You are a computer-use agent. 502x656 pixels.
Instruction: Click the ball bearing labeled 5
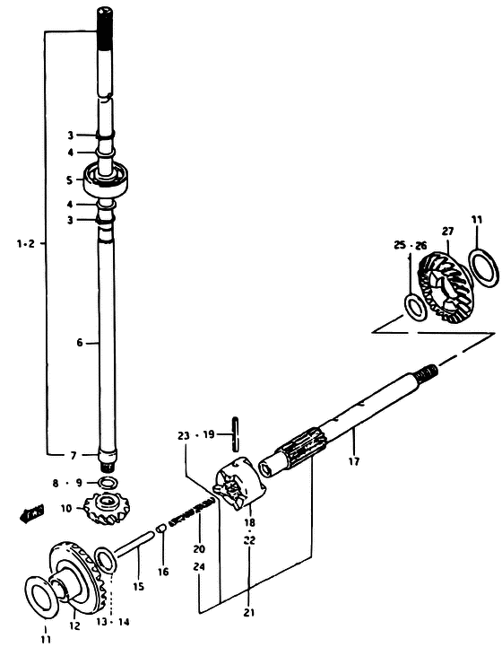pos(108,179)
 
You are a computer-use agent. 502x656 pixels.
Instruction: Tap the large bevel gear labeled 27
pos(446,287)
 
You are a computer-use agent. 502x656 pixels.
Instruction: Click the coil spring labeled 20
pos(191,511)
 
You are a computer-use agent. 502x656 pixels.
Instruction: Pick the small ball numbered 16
pos(161,529)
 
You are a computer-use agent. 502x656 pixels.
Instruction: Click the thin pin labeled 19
pos(236,433)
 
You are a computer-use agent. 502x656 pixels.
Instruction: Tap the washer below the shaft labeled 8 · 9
pos(108,483)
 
